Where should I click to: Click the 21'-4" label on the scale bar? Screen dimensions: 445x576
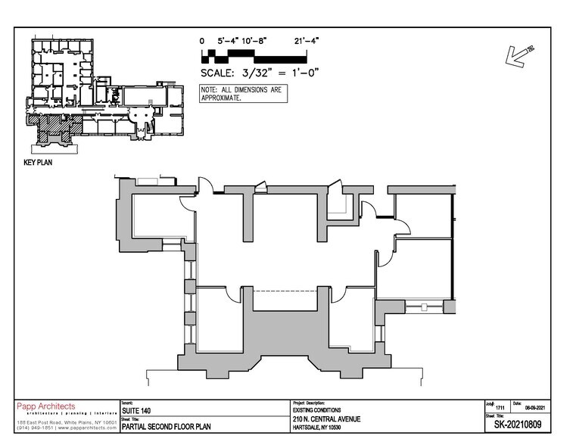tap(307, 41)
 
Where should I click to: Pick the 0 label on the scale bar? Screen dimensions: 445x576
tap(202, 41)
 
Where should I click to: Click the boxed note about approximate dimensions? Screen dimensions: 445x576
tap(241, 93)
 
